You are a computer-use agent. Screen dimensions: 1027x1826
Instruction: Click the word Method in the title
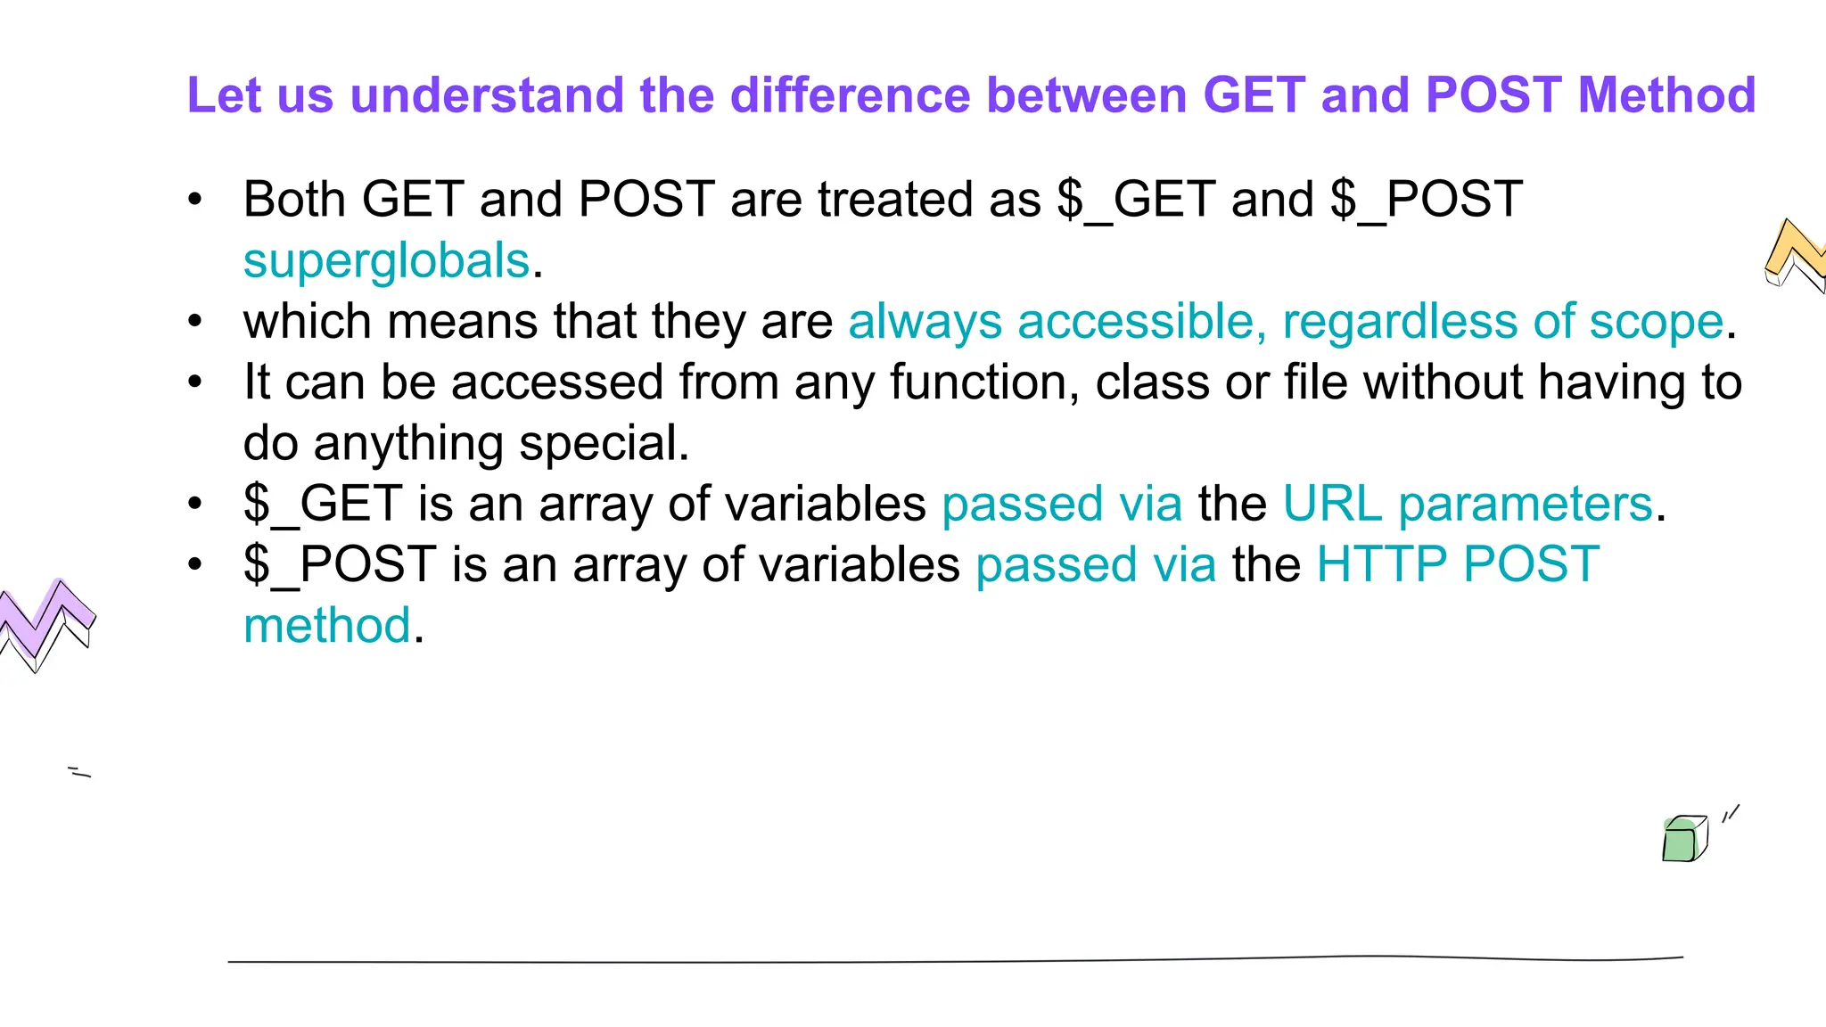click(1666, 94)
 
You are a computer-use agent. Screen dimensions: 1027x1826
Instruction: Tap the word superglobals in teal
click(387, 260)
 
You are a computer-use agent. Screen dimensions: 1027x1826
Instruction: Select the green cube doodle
click(1683, 839)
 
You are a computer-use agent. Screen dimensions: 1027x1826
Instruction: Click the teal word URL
click(1333, 504)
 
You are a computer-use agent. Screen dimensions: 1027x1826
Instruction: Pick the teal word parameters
click(1526, 504)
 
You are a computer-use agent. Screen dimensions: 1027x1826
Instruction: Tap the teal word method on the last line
click(326, 625)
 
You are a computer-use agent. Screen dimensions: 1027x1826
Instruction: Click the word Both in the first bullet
click(294, 199)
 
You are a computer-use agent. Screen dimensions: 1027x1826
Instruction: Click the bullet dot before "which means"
click(195, 321)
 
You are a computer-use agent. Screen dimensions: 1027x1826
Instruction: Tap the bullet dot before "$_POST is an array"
click(195, 564)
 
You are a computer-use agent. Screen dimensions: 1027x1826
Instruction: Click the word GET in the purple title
click(1254, 94)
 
